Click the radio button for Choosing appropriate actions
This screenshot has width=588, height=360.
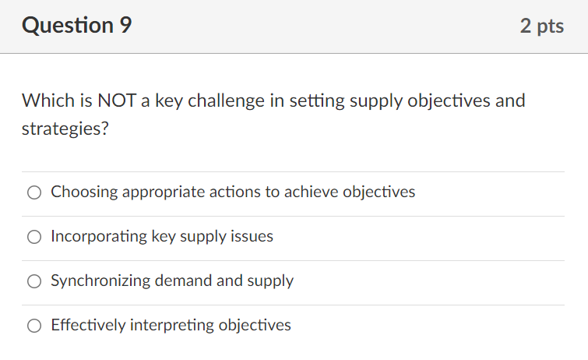(x=34, y=192)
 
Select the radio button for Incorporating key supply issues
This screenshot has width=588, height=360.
(x=34, y=237)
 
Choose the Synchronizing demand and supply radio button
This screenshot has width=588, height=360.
(x=34, y=281)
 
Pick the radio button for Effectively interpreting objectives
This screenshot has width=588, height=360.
(x=34, y=326)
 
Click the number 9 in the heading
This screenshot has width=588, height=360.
(x=125, y=26)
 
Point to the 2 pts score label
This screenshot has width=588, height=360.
(x=541, y=26)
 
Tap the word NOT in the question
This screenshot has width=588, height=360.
(x=117, y=101)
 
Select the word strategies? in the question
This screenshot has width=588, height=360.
(x=65, y=129)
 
